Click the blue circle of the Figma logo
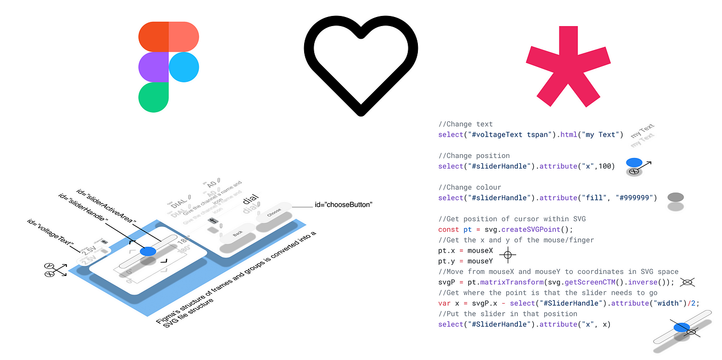pos(184,67)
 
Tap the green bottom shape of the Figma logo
pos(153,97)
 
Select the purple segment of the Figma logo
pos(153,67)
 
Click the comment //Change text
pos(465,124)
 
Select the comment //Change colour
pos(469,187)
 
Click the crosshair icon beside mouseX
pos(508,255)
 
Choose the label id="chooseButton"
pos(343,204)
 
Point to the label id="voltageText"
pos(51,233)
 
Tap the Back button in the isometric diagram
pos(238,234)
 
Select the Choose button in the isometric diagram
pos(274,211)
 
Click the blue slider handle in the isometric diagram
pos(148,251)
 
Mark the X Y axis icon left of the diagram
pos(54,270)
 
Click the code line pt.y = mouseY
pos(465,261)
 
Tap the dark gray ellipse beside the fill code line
pos(675,197)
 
